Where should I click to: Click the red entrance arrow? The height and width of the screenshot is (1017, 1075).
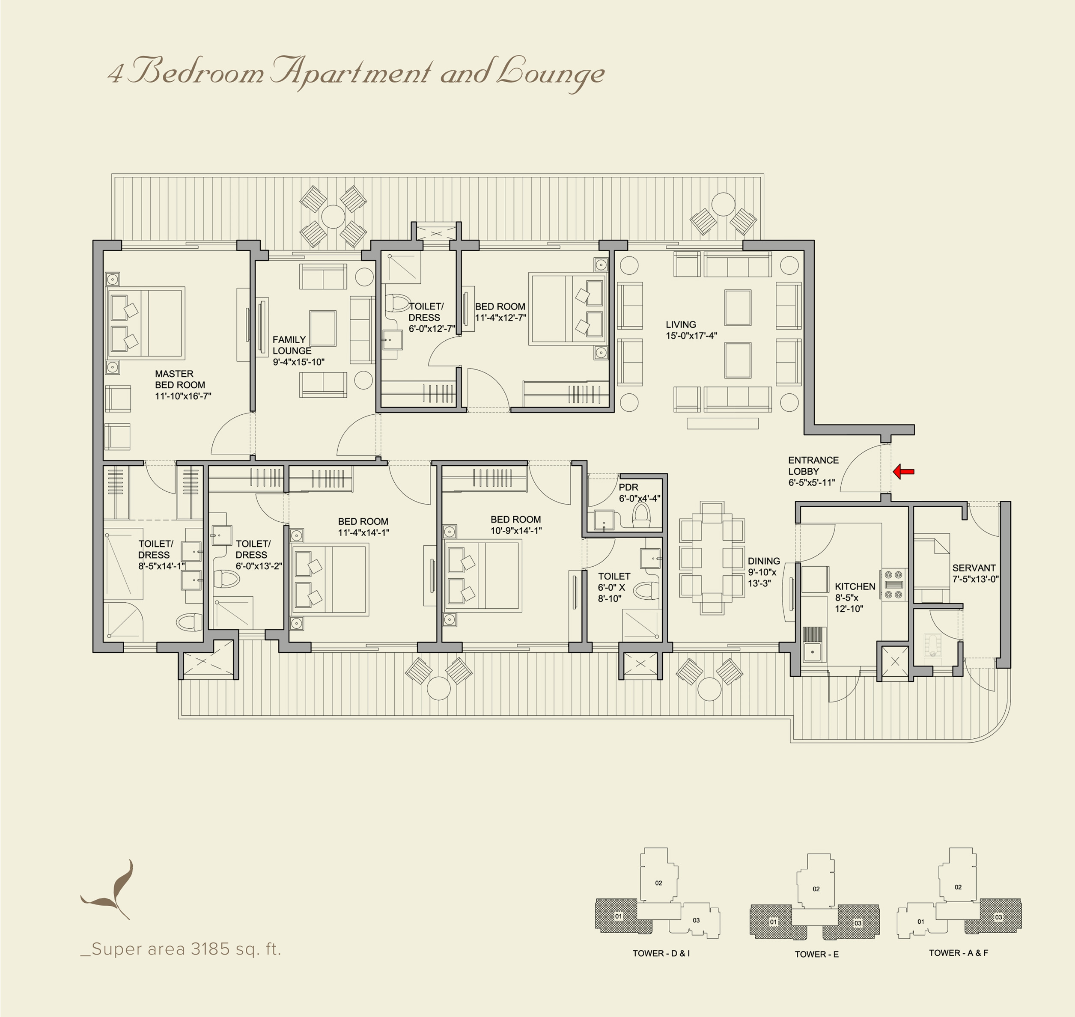coord(903,472)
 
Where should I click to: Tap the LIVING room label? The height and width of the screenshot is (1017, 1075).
coord(681,324)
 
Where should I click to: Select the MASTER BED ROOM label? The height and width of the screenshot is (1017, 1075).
coord(180,380)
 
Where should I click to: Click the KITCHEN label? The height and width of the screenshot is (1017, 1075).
coord(855,586)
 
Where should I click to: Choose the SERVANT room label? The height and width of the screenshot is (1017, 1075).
coord(974,568)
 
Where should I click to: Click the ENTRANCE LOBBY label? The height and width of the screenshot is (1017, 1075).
coord(813,466)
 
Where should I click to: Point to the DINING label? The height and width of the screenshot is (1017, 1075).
coord(764,561)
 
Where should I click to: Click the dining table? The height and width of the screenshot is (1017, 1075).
coord(712,558)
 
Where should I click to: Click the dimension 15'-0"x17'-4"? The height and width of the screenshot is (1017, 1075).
coord(691,336)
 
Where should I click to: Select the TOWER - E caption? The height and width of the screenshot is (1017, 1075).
coord(816,969)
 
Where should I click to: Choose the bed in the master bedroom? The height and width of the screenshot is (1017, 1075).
coord(146,323)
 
